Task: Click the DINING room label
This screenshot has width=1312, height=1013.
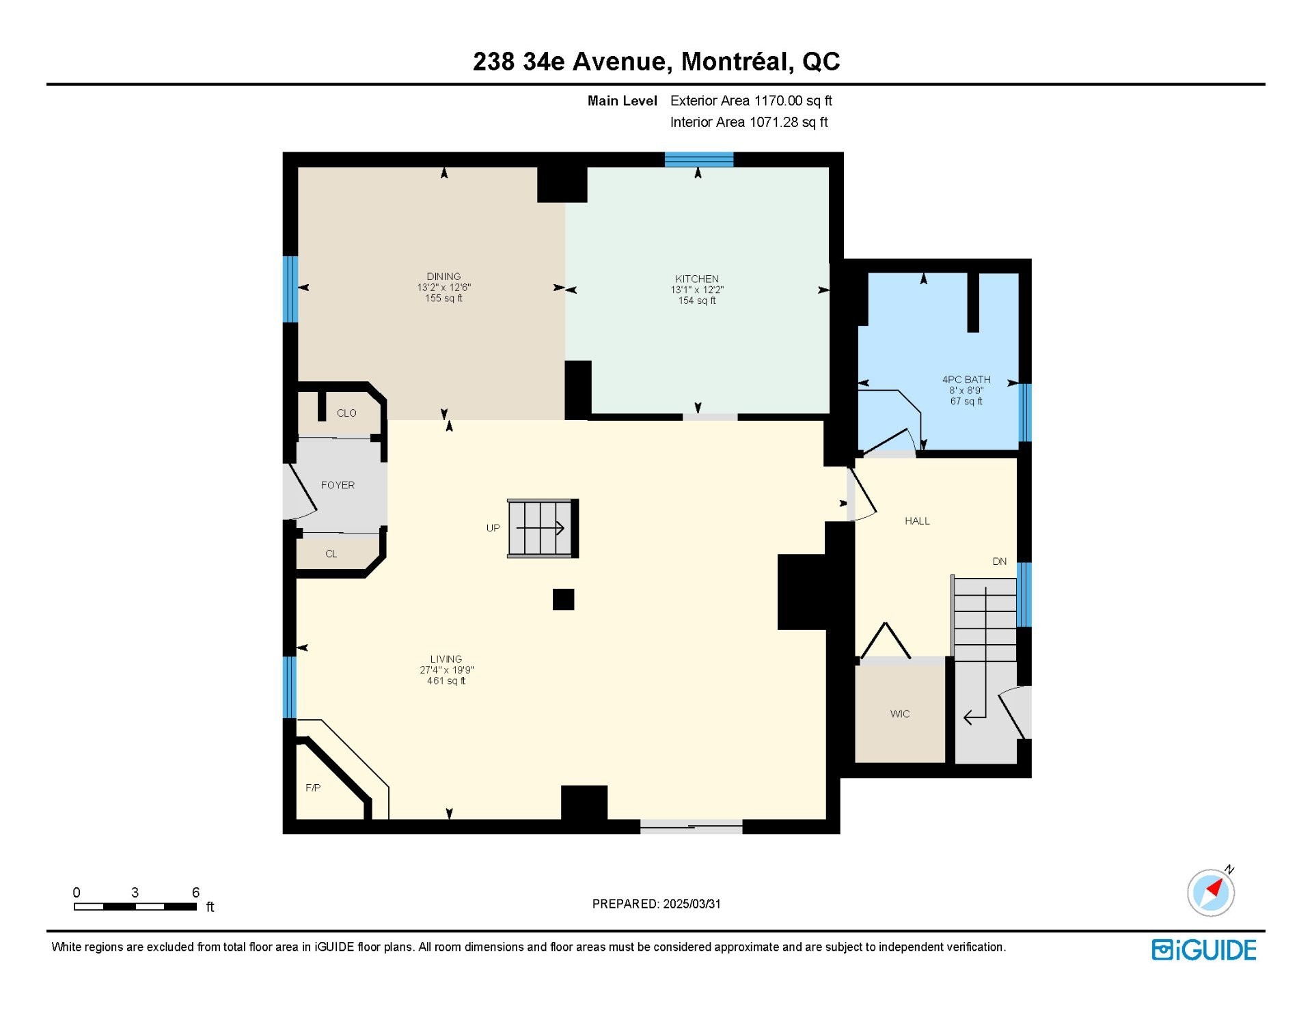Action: coord(443,277)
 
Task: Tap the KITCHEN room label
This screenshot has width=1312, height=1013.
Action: coord(697,279)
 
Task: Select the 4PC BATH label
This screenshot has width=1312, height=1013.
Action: coord(966,380)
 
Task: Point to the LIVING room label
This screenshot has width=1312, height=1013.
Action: coord(446,659)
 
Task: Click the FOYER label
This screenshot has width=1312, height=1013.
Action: coord(338,485)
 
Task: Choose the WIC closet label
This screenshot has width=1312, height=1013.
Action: coord(900,714)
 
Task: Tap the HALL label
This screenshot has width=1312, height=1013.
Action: coord(917,521)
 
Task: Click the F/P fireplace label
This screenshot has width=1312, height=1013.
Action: coord(313,788)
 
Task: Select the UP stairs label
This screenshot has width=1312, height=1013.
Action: coord(493,528)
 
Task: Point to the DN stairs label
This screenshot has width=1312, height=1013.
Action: coord(1000,561)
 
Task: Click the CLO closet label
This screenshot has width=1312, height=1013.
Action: coord(346,413)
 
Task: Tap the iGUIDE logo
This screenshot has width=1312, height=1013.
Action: coord(1204,950)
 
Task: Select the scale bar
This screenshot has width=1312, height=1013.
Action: coord(135,907)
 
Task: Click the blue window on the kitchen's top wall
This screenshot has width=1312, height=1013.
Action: coord(699,160)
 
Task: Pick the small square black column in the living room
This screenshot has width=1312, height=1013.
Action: coord(563,599)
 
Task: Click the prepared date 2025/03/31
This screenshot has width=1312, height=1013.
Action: coord(692,904)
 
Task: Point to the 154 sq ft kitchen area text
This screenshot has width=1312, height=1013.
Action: coord(697,301)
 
